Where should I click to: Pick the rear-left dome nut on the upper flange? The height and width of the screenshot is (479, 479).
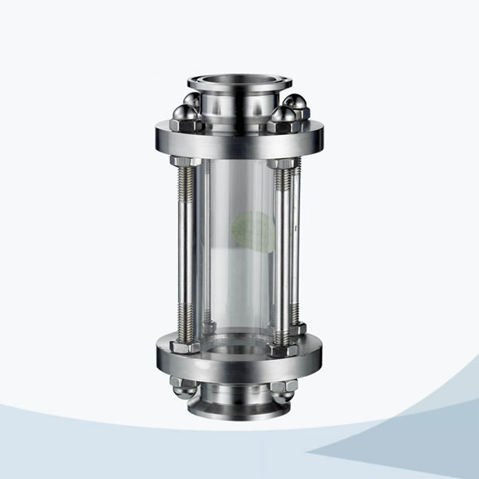[192, 101]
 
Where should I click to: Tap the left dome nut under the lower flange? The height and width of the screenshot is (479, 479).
[183, 387]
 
